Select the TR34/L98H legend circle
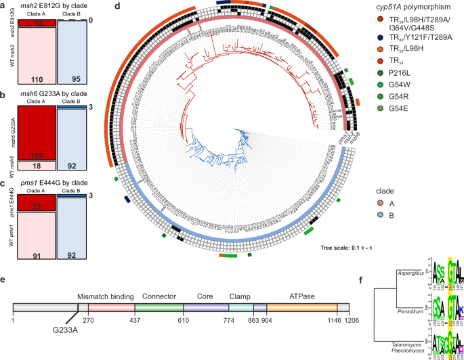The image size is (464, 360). [x=381, y=59]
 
